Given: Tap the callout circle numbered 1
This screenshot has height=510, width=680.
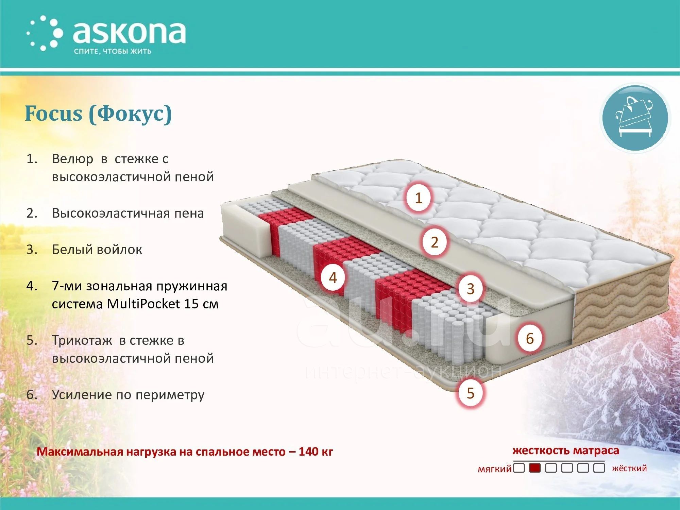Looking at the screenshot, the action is pos(419,198).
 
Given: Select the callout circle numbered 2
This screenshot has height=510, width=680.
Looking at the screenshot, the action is pos(435,242).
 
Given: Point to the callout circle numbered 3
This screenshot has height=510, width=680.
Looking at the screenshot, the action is pos(471,289).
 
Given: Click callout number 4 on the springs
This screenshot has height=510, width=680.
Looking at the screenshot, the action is pos(333,277).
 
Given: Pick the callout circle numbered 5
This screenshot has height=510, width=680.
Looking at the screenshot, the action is pos(471,393).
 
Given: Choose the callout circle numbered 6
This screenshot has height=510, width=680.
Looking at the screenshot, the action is pos(530,338).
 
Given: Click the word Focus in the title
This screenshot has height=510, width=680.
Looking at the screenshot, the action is pos(54,113).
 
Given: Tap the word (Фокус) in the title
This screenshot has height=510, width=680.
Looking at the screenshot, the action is pos(131,114).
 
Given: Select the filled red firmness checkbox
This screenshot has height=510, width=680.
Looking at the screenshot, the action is pos(535,468).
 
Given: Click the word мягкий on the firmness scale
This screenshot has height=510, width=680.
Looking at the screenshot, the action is pos(495,469).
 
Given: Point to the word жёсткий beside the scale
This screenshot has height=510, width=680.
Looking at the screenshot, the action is pos(629,468).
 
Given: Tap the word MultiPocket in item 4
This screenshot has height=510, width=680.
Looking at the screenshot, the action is pos(143,304).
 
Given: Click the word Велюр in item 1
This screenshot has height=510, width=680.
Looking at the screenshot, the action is pos(72,159).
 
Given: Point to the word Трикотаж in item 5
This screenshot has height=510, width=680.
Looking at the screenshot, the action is pos(82,340).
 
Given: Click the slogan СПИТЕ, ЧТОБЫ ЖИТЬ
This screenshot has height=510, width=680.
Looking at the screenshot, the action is pos(113,52).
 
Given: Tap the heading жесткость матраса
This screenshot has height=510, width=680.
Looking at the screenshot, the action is pos(566,451).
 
